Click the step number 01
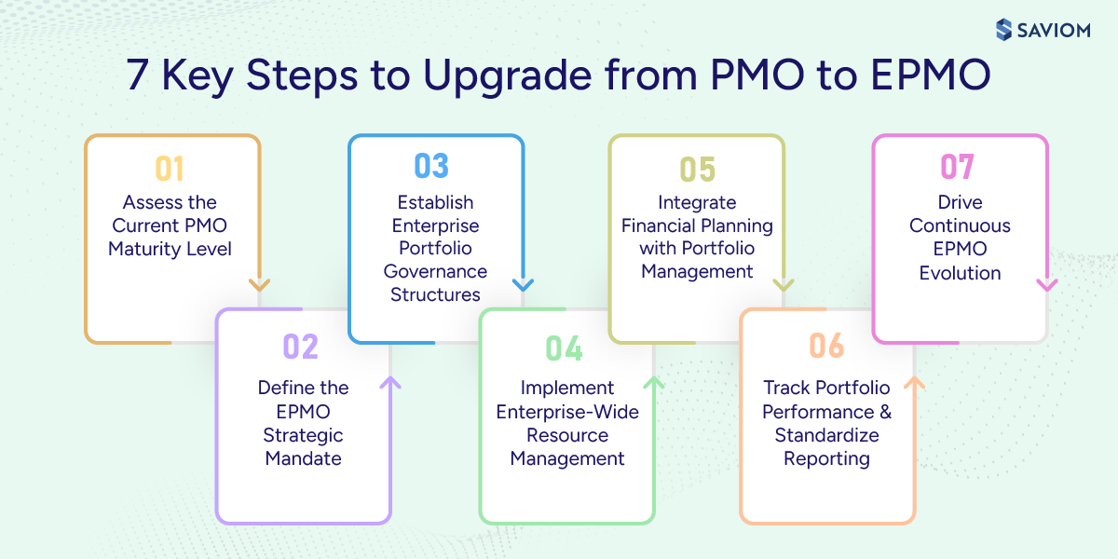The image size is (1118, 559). pyautogui.click(x=170, y=169)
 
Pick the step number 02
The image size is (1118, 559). pyautogui.click(x=301, y=347)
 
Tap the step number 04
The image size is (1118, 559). pyautogui.click(x=565, y=348)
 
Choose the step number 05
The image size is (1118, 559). pyautogui.click(x=697, y=169)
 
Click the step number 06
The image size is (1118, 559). pyautogui.click(x=826, y=347)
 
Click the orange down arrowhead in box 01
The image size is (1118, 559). pyautogui.click(x=259, y=285)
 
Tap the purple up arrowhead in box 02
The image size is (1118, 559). pyautogui.click(x=390, y=382)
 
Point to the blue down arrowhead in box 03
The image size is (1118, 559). pyautogui.click(x=523, y=285)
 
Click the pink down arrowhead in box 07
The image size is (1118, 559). pyautogui.click(x=1046, y=285)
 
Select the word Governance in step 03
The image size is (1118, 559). pyautogui.click(x=435, y=272)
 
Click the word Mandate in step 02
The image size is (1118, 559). pyautogui.click(x=303, y=458)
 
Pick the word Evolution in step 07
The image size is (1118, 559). pyautogui.click(x=960, y=273)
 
